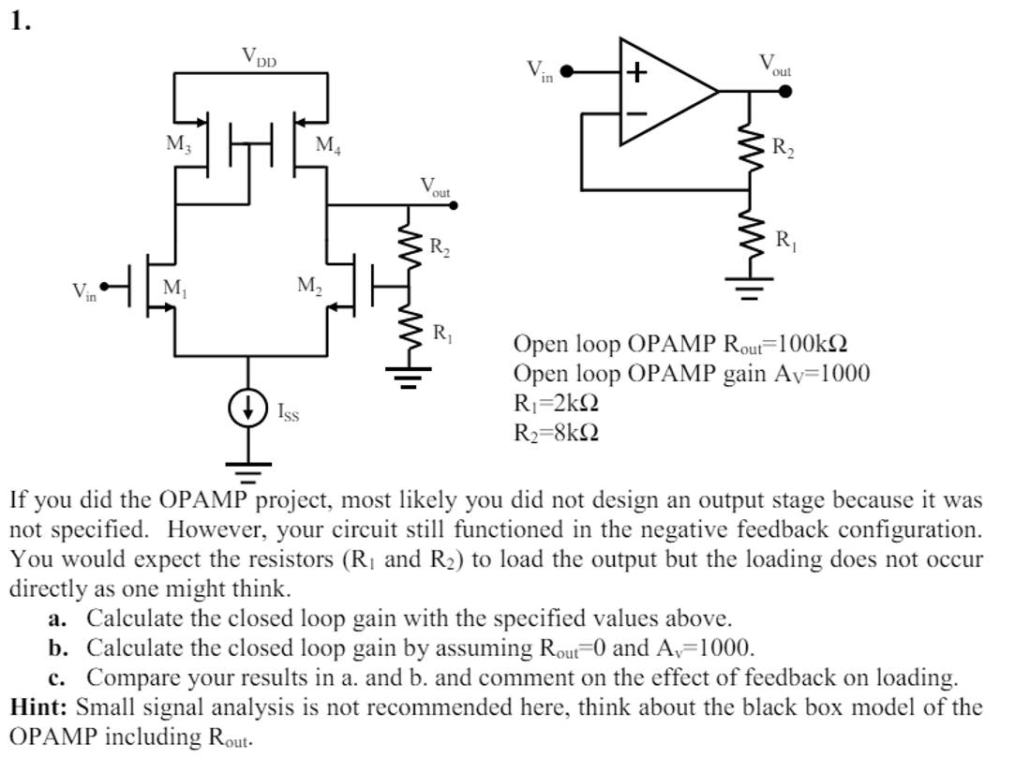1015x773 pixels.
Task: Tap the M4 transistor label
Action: click(329, 145)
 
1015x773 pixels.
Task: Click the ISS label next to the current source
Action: click(289, 410)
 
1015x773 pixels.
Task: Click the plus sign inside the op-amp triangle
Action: click(637, 72)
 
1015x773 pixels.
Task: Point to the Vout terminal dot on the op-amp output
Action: click(785, 92)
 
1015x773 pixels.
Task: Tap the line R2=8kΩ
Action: click(556, 433)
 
